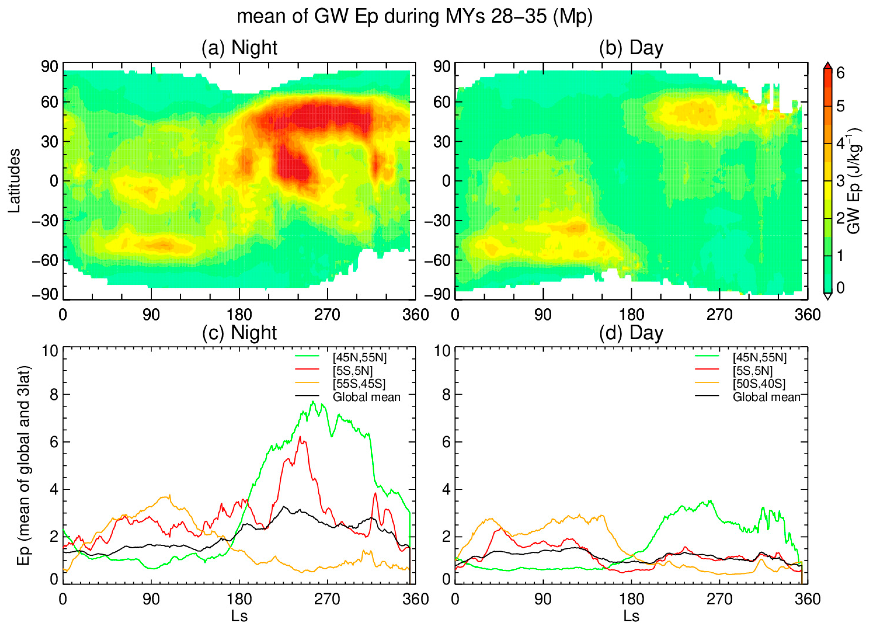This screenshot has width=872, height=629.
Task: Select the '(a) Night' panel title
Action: (x=239, y=48)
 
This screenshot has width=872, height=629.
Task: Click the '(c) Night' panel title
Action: (x=239, y=333)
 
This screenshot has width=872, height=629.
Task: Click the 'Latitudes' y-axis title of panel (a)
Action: (x=15, y=181)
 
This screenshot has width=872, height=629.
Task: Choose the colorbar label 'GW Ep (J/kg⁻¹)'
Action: (x=854, y=181)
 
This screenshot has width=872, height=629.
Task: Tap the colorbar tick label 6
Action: (x=841, y=73)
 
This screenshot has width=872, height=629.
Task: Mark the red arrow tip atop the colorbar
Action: (x=828, y=65)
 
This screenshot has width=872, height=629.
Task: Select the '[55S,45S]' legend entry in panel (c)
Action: (x=359, y=384)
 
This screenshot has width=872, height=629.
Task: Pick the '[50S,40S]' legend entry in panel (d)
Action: (x=759, y=384)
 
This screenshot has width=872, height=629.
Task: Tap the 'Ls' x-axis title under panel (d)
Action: (x=631, y=616)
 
